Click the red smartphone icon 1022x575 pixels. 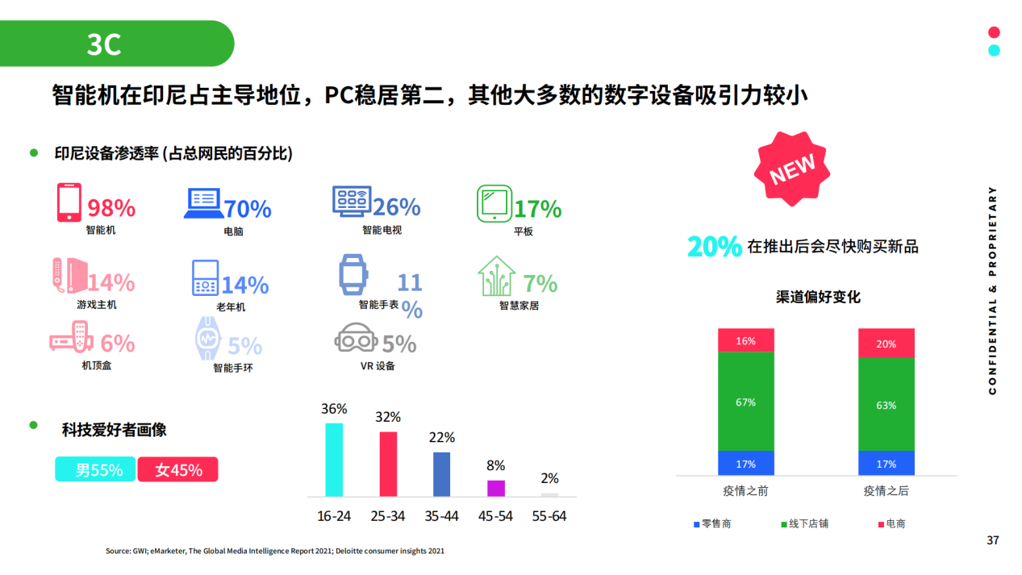pos(69,202)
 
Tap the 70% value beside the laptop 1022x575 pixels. pos(248,209)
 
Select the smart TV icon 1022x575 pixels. pos(352,201)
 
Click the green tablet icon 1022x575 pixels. pos(494,203)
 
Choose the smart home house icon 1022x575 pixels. pos(496,277)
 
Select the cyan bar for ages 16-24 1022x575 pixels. pos(334,459)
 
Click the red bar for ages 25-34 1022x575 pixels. pos(388,464)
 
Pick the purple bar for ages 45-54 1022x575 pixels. pos(496,488)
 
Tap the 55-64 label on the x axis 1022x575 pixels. pos(549,516)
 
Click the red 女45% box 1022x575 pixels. pos(177,469)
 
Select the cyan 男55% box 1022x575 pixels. pos(95,469)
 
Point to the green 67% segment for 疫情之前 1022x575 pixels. pos(745,402)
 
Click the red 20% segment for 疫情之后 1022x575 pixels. pos(886,344)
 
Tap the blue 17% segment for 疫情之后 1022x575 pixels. pos(886,464)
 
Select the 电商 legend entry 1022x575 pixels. pos(891,523)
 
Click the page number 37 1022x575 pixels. pos(992,540)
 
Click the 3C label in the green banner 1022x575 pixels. pos(104,44)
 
